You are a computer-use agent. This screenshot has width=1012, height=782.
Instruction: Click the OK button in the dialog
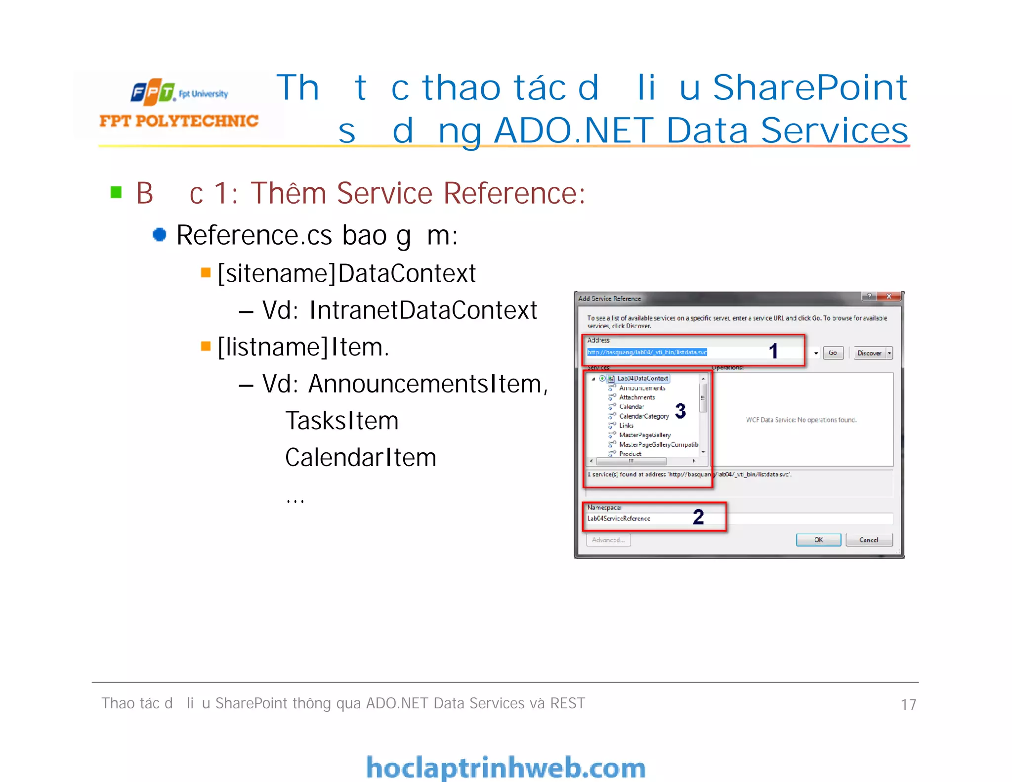point(818,540)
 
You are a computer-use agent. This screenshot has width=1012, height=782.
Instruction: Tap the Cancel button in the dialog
point(869,540)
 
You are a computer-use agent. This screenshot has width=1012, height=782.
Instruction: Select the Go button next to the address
point(833,353)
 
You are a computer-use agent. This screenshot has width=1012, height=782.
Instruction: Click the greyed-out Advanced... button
point(608,540)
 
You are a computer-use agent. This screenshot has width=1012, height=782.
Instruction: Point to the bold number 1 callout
point(773,351)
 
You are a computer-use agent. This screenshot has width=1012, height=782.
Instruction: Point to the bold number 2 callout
point(698,517)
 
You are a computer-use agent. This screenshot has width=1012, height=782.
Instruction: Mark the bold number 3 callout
point(680,411)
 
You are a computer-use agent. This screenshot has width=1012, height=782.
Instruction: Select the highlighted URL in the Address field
point(647,352)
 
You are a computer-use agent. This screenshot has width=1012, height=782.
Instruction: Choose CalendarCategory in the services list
point(644,416)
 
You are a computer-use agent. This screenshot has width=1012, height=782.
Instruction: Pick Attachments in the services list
point(637,397)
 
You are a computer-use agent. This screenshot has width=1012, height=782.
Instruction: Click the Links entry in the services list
point(626,426)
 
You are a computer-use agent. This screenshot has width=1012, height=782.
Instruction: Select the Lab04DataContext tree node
point(642,379)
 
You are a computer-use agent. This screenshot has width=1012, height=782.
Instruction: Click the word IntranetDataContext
point(423,310)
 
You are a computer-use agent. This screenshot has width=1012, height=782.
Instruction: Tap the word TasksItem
point(342,421)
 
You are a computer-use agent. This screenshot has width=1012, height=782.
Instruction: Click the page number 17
point(908,704)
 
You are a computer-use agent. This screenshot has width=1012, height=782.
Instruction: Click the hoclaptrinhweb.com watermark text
point(506,768)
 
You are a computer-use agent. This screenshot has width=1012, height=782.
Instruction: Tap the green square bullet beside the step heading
point(116,192)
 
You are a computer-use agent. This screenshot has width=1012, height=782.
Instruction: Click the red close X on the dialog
point(889,297)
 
